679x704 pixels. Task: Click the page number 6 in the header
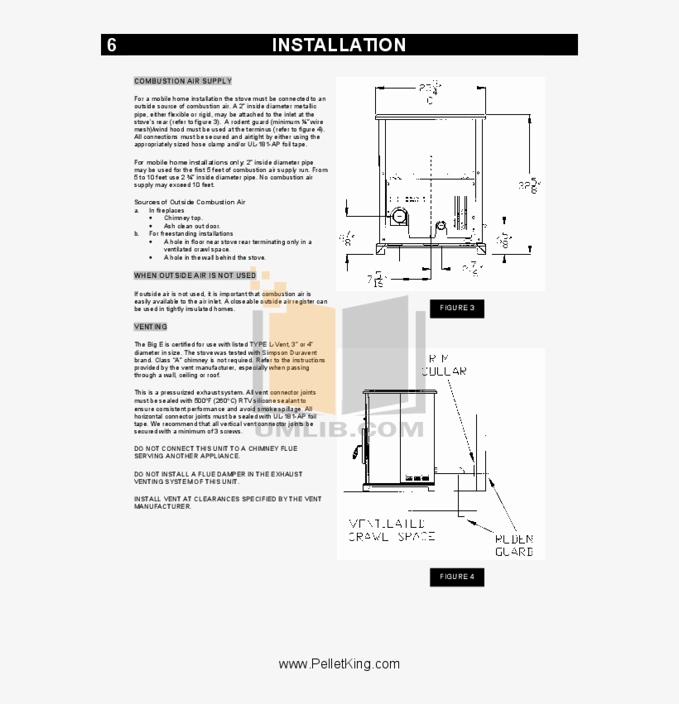111,45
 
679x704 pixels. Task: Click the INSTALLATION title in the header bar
339,45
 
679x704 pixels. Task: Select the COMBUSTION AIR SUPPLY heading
182,81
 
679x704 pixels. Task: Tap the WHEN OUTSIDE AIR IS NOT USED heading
195,275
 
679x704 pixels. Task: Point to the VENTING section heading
150,327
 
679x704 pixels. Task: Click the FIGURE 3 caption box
456,309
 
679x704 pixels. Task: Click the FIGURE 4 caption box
456,577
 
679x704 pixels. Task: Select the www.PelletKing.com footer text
339,663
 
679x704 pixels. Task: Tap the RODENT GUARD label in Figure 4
513,544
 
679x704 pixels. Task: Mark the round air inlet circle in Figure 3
400,217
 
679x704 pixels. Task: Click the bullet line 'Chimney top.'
183,218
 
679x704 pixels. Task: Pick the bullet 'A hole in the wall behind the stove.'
214,257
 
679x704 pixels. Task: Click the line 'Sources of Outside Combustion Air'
190,203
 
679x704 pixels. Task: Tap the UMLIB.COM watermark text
339,429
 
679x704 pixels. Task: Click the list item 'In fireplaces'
166,211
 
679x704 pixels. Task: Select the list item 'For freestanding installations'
190,234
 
